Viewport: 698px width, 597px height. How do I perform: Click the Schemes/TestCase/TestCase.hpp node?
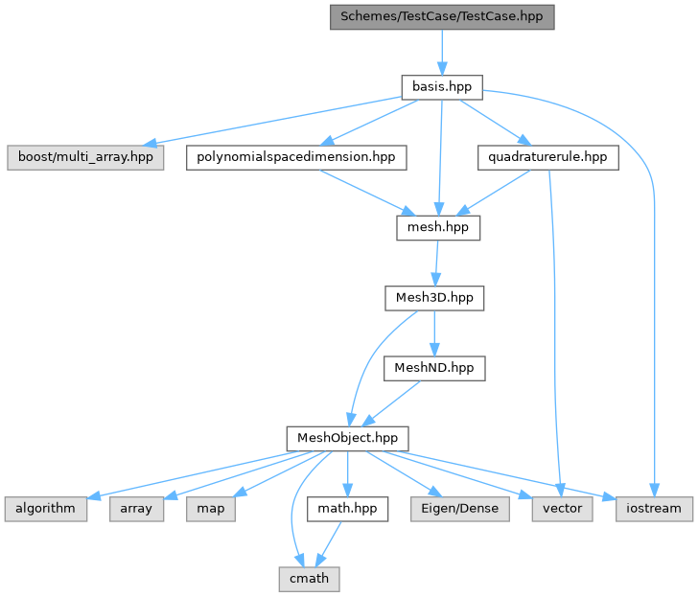coord(442,17)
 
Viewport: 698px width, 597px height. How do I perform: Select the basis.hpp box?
coord(441,86)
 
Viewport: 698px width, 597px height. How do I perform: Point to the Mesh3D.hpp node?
coord(434,298)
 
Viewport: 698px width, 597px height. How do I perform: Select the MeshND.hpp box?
coord(434,367)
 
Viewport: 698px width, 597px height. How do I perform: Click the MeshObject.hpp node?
coord(347,439)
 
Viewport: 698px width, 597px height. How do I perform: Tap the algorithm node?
coord(45,508)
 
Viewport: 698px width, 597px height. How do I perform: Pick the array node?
coord(137,508)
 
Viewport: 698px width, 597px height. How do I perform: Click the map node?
coord(211,508)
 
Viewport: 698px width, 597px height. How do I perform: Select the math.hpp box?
coord(347,508)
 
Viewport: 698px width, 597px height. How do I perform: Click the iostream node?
coord(655,508)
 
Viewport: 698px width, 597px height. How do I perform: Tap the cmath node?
coord(310,579)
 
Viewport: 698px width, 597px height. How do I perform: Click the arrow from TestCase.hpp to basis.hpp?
coord(441,52)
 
